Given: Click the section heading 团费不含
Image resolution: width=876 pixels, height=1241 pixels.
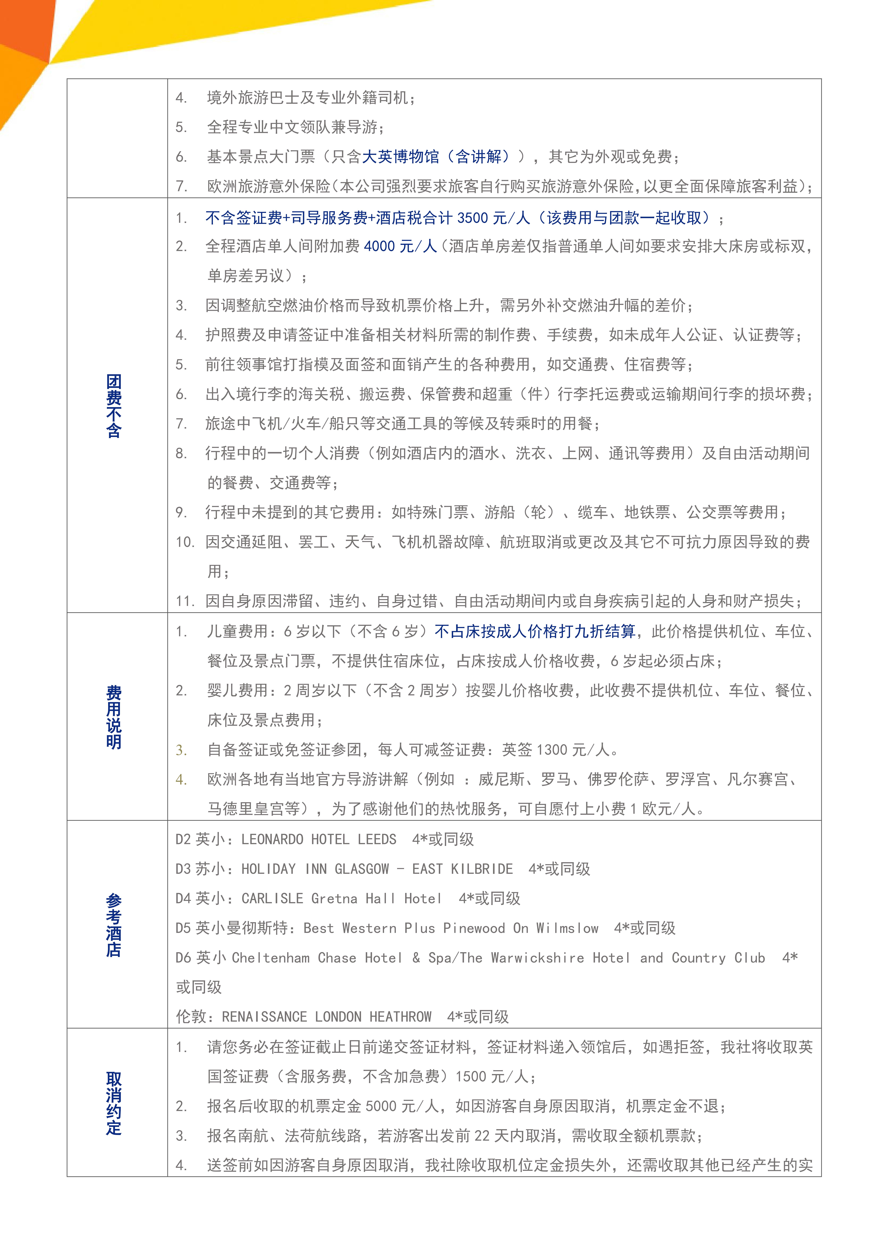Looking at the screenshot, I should click(x=114, y=405).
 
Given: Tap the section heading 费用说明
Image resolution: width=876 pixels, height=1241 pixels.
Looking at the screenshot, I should click(x=114, y=717).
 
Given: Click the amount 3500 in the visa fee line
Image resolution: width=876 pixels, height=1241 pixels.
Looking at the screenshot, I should click(x=472, y=218).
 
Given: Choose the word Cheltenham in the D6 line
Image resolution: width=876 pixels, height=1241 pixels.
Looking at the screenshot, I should click(x=271, y=958).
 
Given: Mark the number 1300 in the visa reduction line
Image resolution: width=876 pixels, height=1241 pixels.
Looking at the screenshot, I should click(x=552, y=750).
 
